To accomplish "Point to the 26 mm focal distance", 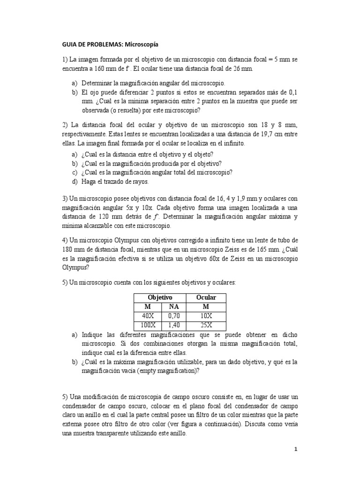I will click(242, 68).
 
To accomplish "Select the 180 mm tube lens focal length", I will click(71, 249).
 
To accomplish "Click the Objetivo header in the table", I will click(160, 298).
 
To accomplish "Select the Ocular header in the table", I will click(206, 298).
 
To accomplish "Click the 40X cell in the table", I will click(148, 316).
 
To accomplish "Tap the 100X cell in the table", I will click(148, 325).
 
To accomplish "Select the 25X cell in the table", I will click(206, 325).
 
